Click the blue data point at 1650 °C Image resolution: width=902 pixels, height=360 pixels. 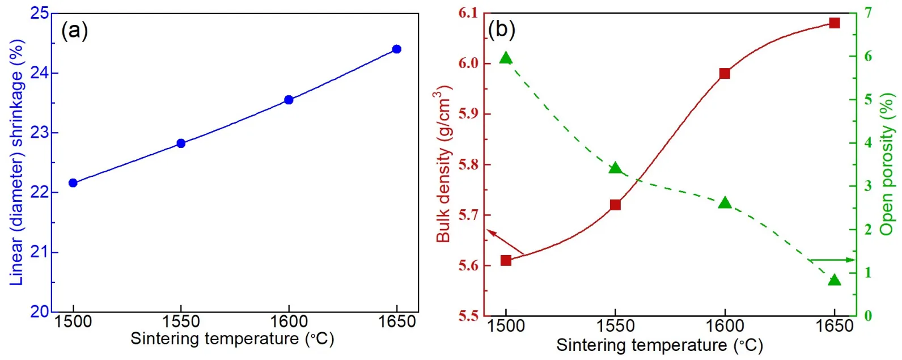397,49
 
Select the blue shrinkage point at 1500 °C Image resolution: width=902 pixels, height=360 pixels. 73,183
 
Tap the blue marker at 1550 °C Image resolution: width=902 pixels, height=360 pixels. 181,143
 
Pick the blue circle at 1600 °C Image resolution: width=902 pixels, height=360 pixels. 289,100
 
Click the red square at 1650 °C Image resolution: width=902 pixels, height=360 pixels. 834,23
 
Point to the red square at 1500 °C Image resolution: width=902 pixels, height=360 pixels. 506,261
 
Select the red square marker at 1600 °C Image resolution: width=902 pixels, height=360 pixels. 725,74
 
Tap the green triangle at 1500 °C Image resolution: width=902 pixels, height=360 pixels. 506,58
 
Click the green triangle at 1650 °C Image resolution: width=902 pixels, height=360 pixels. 834,280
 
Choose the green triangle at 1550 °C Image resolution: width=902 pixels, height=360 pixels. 615,168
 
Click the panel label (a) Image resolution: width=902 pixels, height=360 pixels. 74,30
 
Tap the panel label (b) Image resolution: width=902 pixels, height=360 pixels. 502,29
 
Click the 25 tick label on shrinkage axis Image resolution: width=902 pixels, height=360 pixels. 40,13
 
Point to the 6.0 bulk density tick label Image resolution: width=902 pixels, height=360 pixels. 468,63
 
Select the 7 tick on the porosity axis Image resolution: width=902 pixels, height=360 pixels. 868,12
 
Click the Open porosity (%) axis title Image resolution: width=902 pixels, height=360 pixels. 887,164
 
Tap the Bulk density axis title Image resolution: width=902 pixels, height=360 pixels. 443,164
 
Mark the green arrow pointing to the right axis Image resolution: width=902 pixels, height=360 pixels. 832,260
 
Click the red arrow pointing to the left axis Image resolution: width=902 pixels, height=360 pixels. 504,243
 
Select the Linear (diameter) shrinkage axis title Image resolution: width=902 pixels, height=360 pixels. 17,163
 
